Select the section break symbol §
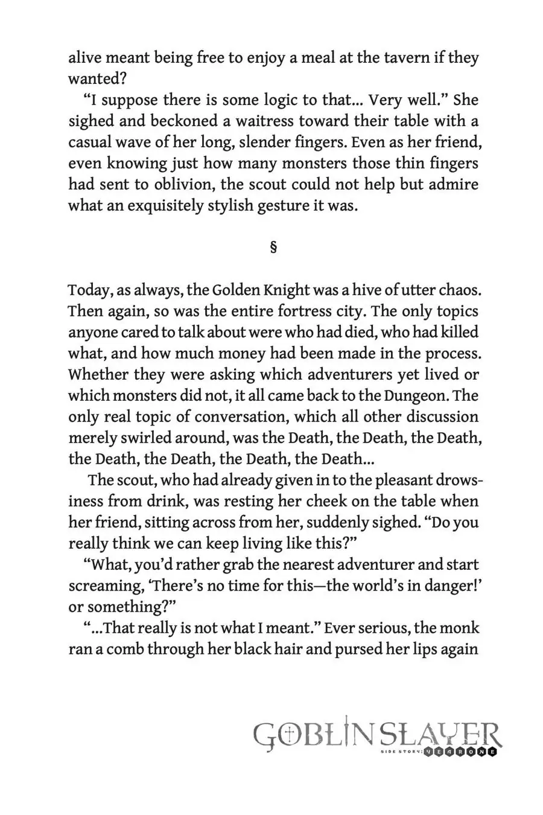[x=273, y=247]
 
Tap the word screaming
[x=103, y=586]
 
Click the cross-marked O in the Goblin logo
[x=290, y=735]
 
